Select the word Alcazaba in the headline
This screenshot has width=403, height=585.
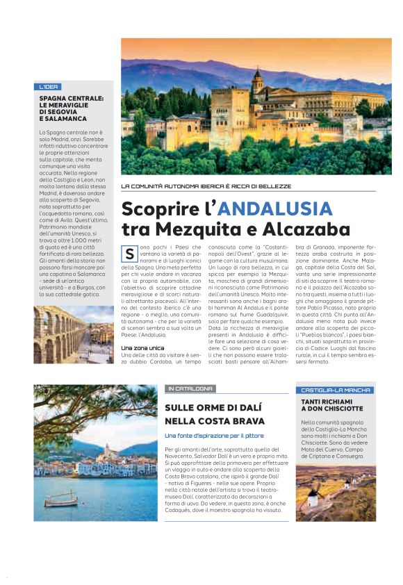(309, 229)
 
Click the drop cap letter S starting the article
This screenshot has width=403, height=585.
(129, 254)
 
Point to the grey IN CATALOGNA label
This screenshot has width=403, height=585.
(189, 388)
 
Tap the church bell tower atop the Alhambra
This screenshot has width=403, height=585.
(258, 83)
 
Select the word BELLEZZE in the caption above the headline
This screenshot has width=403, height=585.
(272, 186)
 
